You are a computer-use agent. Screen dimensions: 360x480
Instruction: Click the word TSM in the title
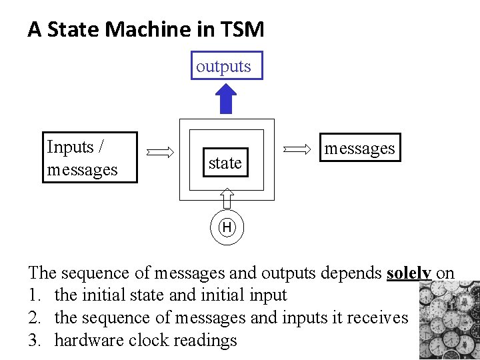tap(245, 29)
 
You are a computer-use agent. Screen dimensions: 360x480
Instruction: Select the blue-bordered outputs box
tap(227, 65)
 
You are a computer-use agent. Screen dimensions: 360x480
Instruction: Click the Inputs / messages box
tap(91, 157)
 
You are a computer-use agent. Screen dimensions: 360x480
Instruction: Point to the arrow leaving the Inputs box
tap(159, 152)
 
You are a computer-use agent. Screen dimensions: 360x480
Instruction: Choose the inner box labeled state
tap(225, 163)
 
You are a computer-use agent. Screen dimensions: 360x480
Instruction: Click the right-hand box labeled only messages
tap(359, 148)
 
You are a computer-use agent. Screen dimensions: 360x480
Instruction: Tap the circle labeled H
tap(227, 228)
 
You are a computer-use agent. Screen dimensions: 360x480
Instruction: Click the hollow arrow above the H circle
tap(227, 199)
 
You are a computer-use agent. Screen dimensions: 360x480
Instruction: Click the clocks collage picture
tap(450, 320)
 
